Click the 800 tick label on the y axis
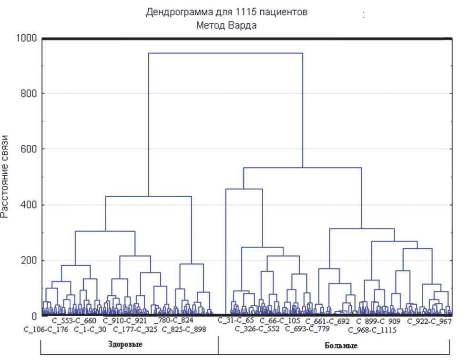(30, 94)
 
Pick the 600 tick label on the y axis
(30, 150)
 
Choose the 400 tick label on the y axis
(30, 205)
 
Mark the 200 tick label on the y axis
(30, 261)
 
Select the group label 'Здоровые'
(127, 344)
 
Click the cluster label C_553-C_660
(74, 320)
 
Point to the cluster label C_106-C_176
(47, 329)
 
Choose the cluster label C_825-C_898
(184, 329)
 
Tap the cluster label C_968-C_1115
(372, 330)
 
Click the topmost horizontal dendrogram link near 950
(225, 53)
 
